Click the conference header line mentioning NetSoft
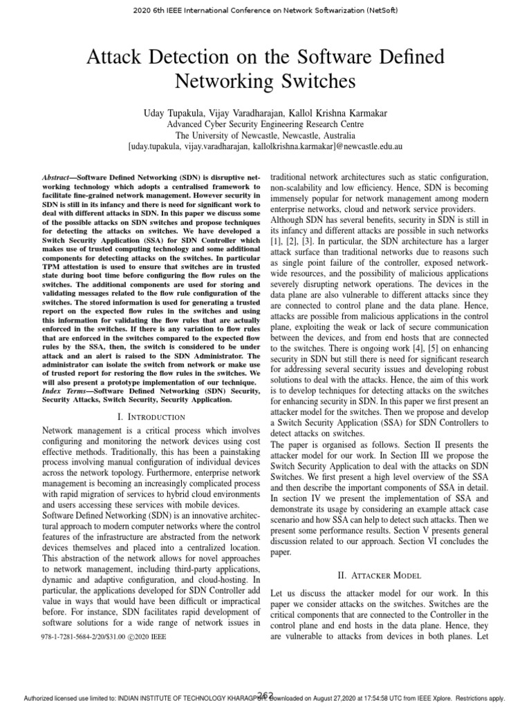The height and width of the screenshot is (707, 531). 265,10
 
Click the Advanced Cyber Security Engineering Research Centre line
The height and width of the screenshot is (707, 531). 265,124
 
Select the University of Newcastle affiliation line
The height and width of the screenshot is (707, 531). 265,135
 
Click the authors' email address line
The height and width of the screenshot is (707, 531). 265,147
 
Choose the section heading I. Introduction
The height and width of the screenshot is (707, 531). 151,416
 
